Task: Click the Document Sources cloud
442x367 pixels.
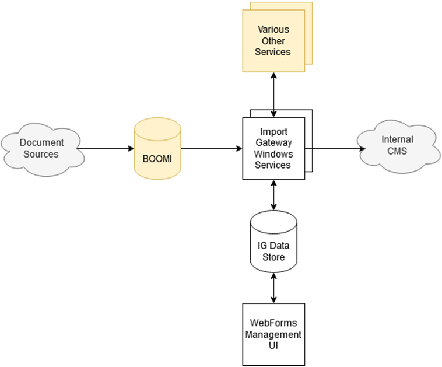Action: (x=40, y=148)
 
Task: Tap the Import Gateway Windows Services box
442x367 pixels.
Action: (x=273, y=148)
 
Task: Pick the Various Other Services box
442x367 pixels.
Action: (x=273, y=41)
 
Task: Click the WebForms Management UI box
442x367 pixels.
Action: (x=273, y=334)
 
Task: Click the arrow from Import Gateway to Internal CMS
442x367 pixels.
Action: (x=335, y=149)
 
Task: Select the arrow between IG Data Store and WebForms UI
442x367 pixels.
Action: (x=273, y=288)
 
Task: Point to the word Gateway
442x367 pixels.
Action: (x=273, y=144)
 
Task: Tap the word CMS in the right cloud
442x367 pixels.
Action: (x=398, y=151)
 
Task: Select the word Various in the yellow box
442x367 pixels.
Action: (x=273, y=29)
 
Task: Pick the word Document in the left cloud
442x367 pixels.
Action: (x=41, y=143)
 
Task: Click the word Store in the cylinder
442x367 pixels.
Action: (x=273, y=257)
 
